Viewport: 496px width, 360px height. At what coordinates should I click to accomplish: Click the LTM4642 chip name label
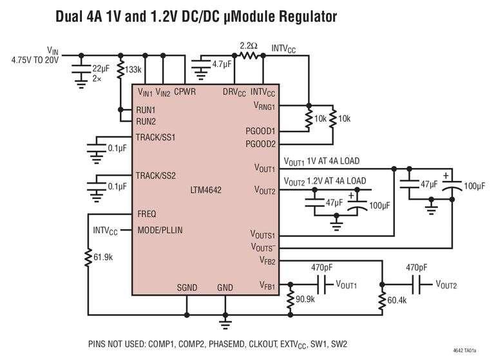[x=205, y=190]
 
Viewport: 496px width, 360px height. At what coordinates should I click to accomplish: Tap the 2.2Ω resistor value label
[x=249, y=46]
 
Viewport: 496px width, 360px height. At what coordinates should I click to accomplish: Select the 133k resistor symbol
[x=120, y=70]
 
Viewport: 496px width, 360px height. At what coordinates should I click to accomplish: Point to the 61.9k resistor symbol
[x=88, y=258]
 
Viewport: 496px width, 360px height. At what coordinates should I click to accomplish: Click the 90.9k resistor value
[x=305, y=299]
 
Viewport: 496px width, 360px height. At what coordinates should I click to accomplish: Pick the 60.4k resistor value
[x=397, y=300]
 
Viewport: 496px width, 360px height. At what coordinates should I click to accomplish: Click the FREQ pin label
[x=147, y=214]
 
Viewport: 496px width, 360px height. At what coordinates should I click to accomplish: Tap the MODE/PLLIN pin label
[x=160, y=231]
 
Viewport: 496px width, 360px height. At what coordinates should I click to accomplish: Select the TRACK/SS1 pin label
[x=156, y=138]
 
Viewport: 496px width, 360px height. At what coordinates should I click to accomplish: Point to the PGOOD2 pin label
[x=261, y=144]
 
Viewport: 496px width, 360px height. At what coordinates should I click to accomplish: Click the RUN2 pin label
[x=146, y=122]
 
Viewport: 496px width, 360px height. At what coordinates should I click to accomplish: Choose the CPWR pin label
[x=185, y=91]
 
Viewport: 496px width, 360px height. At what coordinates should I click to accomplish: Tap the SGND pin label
[x=187, y=288]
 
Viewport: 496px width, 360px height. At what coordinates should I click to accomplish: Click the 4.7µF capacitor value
[x=222, y=64]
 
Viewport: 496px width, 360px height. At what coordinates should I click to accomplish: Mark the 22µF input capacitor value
[x=101, y=68]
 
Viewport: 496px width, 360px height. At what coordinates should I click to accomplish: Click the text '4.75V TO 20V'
[x=35, y=60]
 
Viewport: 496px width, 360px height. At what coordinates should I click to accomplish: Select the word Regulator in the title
[x=309, y=17]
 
